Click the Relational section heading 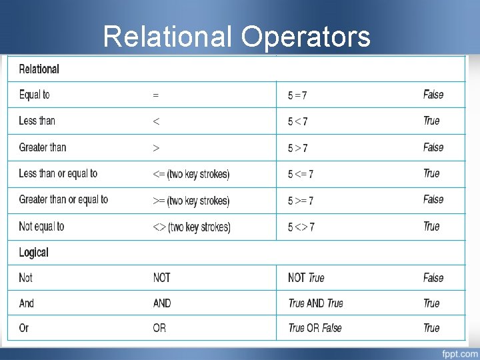39,69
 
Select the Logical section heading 33,253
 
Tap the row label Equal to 34,95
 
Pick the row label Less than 37,121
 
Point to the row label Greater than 42,147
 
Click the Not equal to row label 41,227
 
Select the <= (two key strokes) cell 191,174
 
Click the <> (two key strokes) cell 191,227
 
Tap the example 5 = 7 297,95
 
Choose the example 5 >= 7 301,201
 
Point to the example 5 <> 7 301,227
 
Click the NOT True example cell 306,278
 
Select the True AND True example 315,303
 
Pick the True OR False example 315,328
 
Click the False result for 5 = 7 433,95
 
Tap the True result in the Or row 431,328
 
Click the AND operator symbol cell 162,303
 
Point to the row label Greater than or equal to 63,200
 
